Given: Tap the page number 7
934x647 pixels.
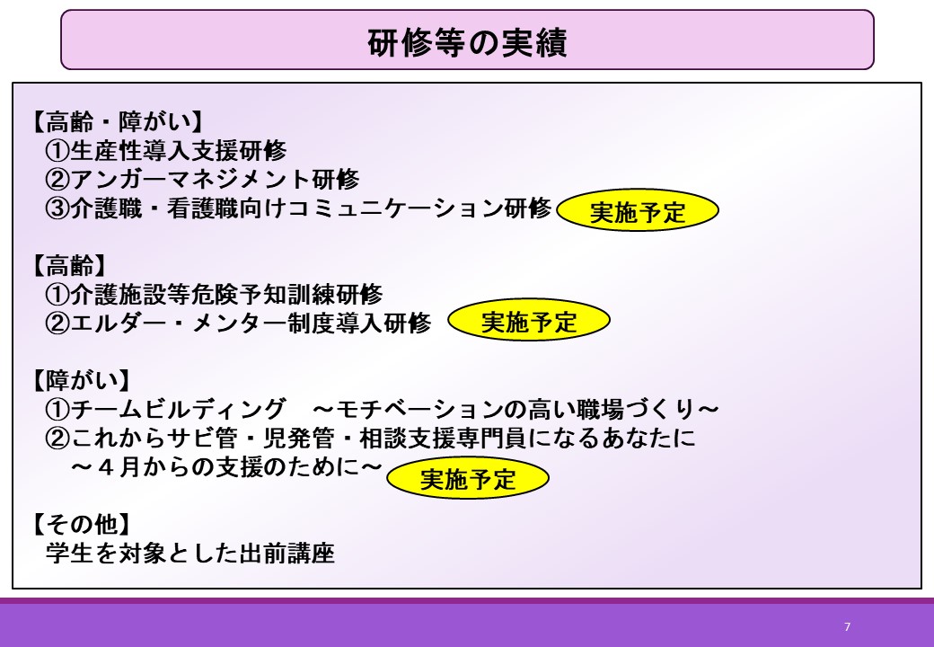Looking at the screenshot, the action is (848, 626).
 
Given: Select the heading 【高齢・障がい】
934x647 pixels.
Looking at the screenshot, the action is (117, 121).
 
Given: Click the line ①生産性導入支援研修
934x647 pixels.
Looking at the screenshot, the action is (166, 150).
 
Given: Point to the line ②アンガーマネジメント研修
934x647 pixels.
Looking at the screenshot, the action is (203, 179).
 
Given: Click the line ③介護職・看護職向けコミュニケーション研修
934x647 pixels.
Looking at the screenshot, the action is (298, 208).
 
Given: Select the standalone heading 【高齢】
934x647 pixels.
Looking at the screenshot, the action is (69, 265).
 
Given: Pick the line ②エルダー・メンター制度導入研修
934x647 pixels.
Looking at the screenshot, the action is (238, 323).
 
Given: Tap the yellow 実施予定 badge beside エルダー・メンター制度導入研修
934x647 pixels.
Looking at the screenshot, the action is (529, 321).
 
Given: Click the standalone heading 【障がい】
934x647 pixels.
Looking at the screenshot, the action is (81, 380).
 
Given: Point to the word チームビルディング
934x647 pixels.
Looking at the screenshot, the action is (178, 409).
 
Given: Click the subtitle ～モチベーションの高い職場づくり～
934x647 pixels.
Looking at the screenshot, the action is (515, 409).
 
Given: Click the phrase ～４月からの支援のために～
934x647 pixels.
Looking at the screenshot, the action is (226, 467).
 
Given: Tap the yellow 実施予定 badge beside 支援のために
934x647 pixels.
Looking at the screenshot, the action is (468, 478).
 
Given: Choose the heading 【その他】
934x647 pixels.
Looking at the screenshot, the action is (81, 524).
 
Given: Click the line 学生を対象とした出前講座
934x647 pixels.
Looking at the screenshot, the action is (190, 553).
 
